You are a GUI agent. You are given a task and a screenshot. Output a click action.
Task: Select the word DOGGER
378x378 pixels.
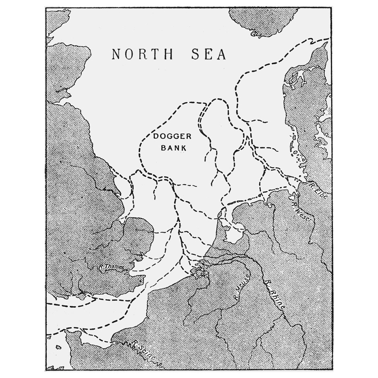point(169,137)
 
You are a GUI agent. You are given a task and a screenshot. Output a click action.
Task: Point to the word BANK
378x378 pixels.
point(174,147)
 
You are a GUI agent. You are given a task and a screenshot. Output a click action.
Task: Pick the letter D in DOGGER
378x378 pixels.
point(156,137)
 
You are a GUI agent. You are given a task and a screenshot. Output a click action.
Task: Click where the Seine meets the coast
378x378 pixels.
point(117,343)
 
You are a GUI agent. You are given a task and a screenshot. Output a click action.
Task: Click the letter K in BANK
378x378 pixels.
point(184,147)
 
